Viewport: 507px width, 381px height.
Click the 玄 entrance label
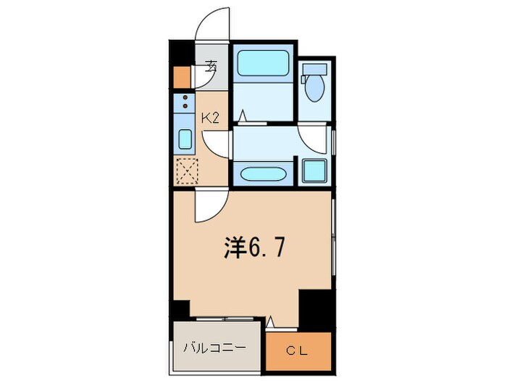click(x=211, y=66)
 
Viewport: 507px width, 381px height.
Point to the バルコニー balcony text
click(x=214, y=347)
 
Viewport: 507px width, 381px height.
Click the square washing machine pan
click(x=314, y=171)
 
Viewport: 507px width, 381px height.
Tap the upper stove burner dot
click(x=185, y=97)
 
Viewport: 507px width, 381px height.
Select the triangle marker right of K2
click(x=244, y=114)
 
